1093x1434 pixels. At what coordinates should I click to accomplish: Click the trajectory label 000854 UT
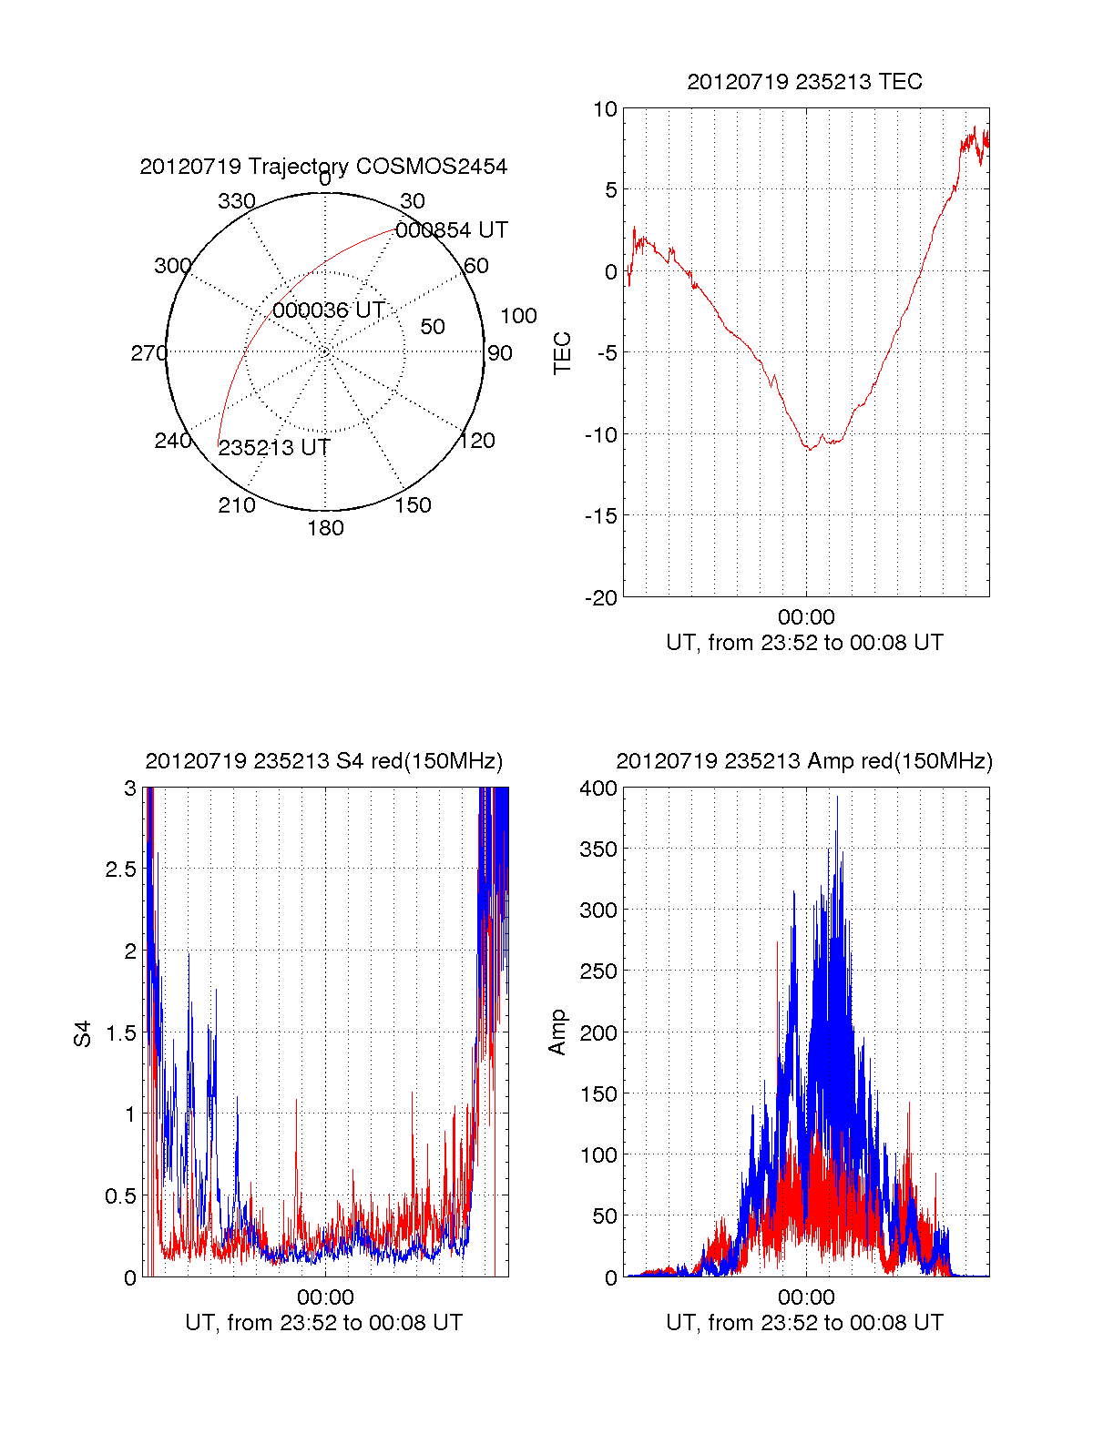click(x=451, y=230)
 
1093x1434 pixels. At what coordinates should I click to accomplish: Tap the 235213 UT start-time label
click(x=274, y=448)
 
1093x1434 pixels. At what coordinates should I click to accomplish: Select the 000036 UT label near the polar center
click(x=329, y=310)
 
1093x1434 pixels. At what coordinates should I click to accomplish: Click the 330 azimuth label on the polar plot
click(x=237, y=201)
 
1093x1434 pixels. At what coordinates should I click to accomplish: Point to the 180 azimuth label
click(x=325, y=528)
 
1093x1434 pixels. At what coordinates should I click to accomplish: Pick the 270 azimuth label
click(x=148, y=353)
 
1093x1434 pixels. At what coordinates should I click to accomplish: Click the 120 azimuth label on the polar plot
click(x=477, y=441)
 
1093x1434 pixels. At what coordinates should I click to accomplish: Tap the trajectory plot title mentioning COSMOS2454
click(x=323, y=167)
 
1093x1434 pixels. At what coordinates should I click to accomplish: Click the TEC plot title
click(x=804, y=82)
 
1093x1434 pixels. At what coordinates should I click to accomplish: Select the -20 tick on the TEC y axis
click(x=601, y=597)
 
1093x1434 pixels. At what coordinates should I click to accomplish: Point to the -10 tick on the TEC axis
click(x=601, y=434)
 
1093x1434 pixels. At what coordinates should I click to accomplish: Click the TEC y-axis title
click(x=563, y=353)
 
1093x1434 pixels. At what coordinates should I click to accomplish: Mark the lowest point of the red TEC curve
click(x=809, y=450)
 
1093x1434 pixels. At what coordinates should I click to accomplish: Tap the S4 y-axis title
click(x=83, y=1033)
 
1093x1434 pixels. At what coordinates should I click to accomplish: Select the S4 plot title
click(x=323, y=761)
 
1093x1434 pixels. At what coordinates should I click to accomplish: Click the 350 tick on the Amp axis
click(x=598, y=849)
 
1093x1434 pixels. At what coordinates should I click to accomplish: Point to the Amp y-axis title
click(x=557, y=1032)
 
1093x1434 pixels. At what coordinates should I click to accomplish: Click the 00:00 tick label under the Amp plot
click(x=806, y=1297)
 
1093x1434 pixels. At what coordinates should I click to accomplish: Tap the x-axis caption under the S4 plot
click(x=323, y=1323)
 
